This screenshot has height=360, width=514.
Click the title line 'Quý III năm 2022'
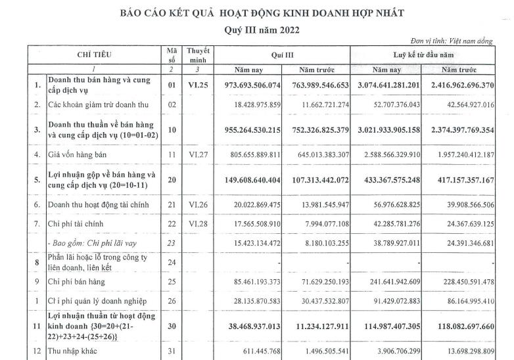(x=256, y=30)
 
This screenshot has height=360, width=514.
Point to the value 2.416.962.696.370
(x=467, y=85)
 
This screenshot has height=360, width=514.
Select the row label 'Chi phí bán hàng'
(x=80, y=282)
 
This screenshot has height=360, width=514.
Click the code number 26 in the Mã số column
(x=172, y=302)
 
